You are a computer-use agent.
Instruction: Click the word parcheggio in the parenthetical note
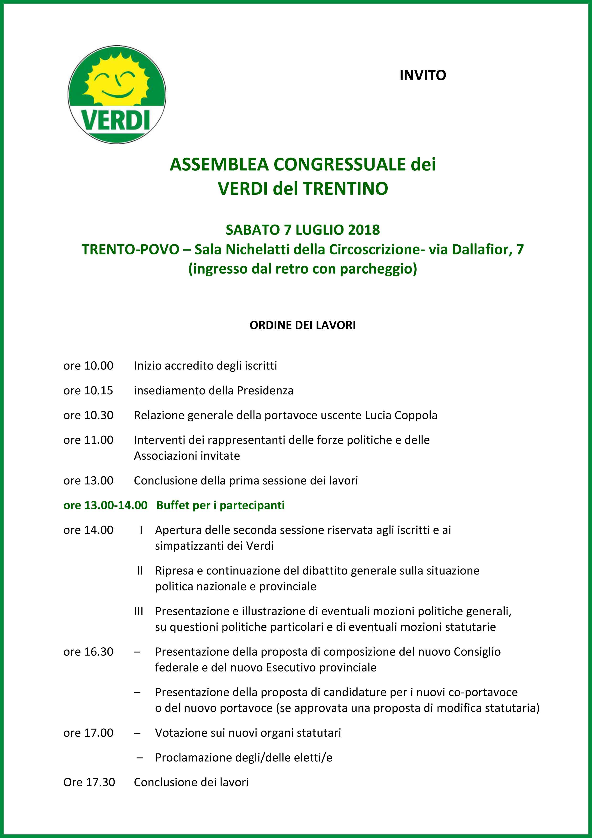point(378,269)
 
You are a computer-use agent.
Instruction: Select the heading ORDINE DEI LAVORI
point(302,325)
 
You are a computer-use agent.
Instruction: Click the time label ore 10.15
point(88,391)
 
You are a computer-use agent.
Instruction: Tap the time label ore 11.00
point(88,440)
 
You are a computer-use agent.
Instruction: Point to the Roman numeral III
point(139,611)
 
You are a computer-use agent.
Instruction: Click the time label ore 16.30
point(88,651)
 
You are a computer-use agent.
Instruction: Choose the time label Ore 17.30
point(89,782)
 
